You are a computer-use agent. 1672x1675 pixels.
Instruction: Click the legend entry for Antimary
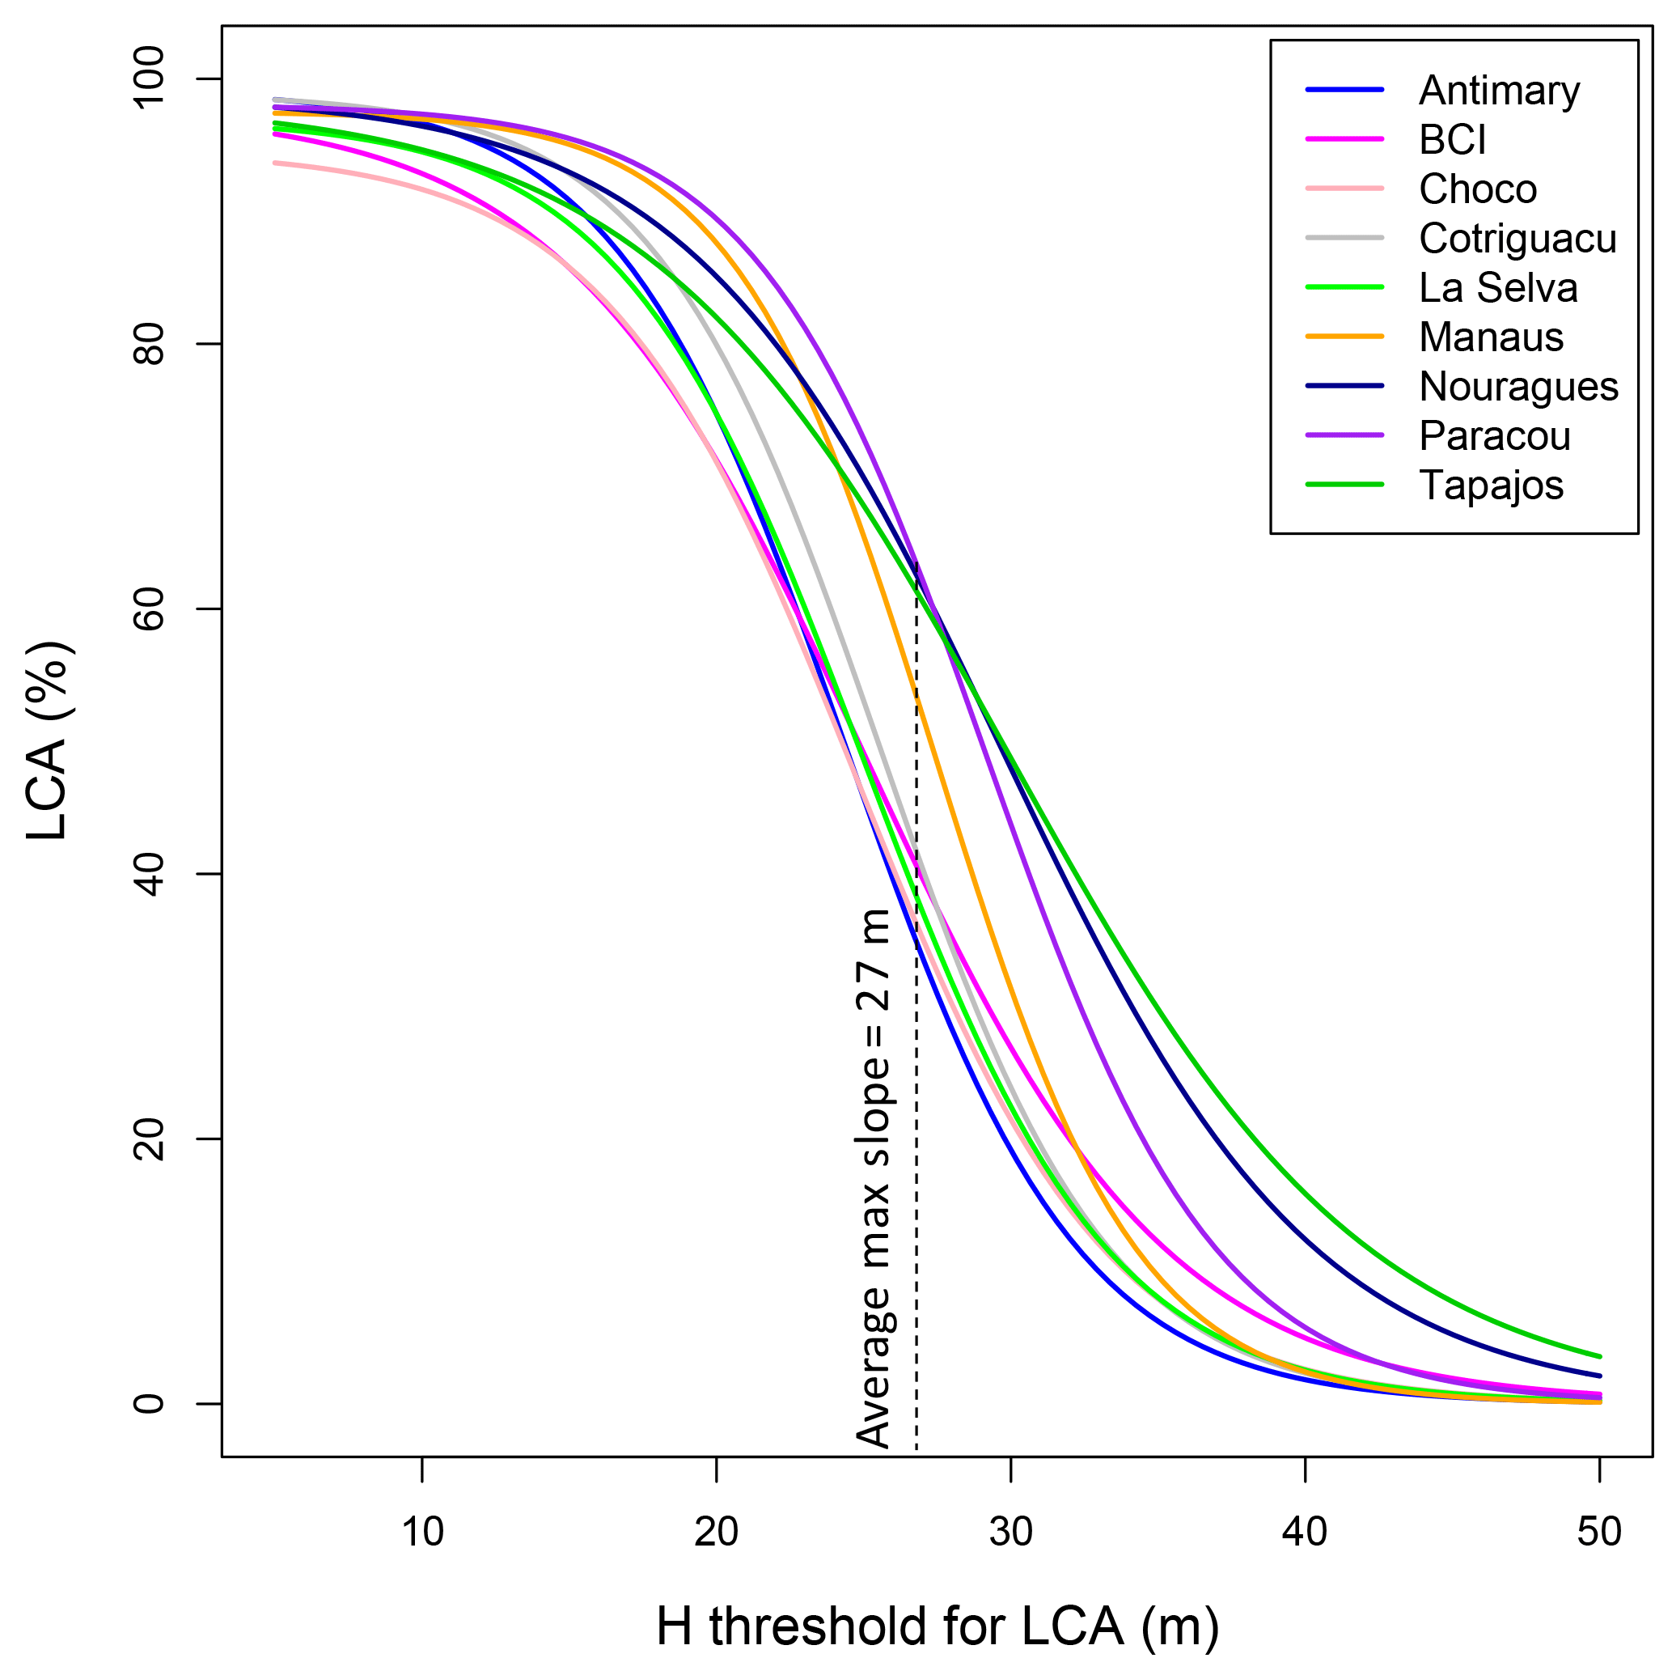1499,91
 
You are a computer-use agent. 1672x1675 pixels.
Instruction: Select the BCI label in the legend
1452,141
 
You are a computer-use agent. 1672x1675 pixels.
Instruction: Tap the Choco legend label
1477,190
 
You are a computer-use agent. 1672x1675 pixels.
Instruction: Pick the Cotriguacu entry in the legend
1517,240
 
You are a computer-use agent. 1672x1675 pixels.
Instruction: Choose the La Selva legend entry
1498,289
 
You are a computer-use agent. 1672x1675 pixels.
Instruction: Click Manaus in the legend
1491,337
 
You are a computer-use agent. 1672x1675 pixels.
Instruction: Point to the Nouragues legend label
1517,387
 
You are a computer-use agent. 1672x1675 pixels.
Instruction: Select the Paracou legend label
1494,436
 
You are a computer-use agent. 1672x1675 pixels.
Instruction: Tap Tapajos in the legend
1491,486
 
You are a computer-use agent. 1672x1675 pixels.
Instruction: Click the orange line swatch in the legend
1344,337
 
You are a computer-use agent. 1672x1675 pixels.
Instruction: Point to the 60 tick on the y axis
149,609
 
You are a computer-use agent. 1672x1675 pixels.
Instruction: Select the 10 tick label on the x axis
422,1533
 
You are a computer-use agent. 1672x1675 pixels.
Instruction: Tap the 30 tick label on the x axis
1010,1533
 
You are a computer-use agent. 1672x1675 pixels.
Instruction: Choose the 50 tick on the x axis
1599,1533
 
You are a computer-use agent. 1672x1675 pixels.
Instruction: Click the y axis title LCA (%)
48,741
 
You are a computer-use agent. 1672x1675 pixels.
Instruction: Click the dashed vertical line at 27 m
916,1214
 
